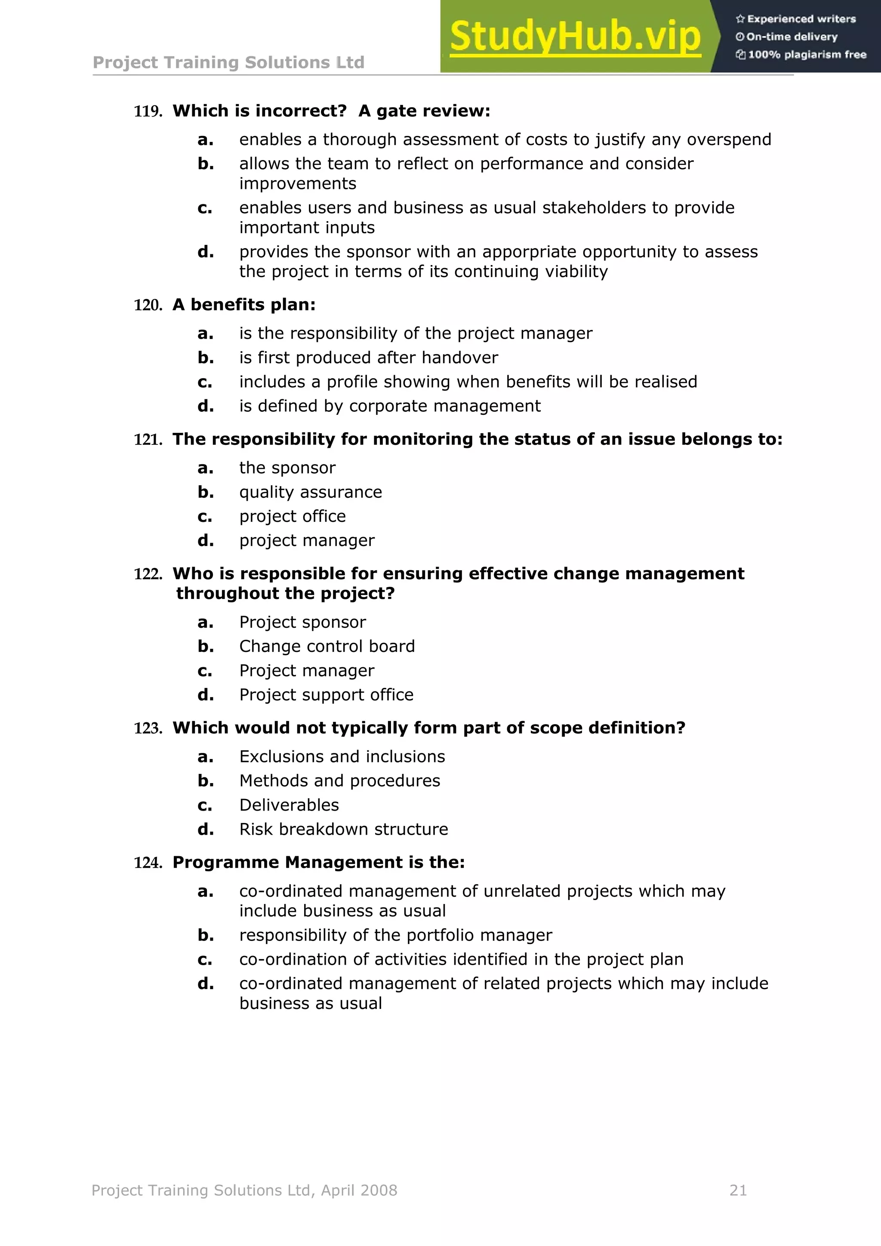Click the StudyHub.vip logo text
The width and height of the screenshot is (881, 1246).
575,37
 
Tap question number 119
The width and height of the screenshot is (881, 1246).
148,112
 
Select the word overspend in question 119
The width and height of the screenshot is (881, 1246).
729,139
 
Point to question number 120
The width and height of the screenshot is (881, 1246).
148,305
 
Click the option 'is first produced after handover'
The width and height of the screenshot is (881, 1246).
368,358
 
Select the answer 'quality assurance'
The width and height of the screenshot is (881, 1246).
310,492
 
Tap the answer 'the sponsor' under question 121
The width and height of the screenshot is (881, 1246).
287,468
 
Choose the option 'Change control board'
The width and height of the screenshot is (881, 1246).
327,646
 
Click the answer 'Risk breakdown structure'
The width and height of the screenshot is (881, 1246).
343,829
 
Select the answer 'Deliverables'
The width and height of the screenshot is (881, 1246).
289,805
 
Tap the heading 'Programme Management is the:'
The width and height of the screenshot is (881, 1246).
318,862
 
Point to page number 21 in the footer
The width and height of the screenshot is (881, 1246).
738,1190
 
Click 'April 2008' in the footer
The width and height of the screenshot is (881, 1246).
359,1190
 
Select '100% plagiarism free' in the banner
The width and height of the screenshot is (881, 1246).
806,54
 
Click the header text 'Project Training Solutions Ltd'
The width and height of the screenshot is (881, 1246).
228,62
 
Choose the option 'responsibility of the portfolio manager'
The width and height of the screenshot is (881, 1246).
395,935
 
